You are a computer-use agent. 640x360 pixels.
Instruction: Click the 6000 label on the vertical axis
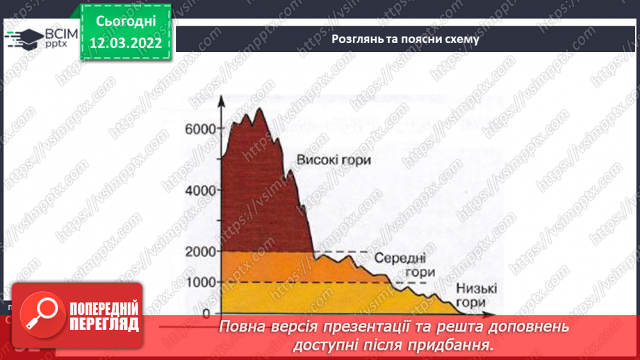click(x=199, y=129)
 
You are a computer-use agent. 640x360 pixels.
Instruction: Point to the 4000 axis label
click(x=199, y=190)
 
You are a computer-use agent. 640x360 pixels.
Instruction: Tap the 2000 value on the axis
click(x=199, y=251)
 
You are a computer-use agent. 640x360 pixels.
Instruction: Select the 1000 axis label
click(x=199, y=282)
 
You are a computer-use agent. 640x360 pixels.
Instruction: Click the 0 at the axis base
click(x=206, y=313)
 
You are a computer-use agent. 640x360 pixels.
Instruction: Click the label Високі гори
click(x=334, y=161)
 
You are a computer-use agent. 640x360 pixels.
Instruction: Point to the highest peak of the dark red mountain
click(x=259, y=109)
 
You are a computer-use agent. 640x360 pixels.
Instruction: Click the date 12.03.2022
click(x=126, y=42)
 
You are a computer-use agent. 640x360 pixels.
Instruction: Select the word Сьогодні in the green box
click(x=126, y=22)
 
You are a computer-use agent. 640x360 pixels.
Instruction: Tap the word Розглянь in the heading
click(x=355, y=40)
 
